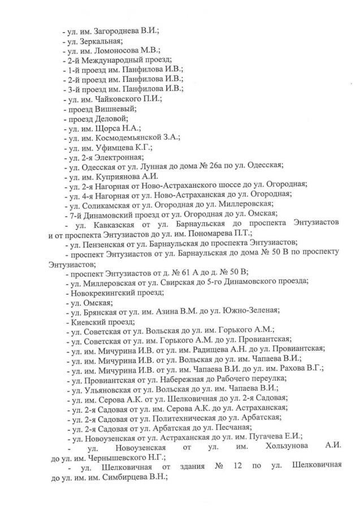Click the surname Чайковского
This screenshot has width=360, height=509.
pyautogui.click(x=120, y=98)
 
